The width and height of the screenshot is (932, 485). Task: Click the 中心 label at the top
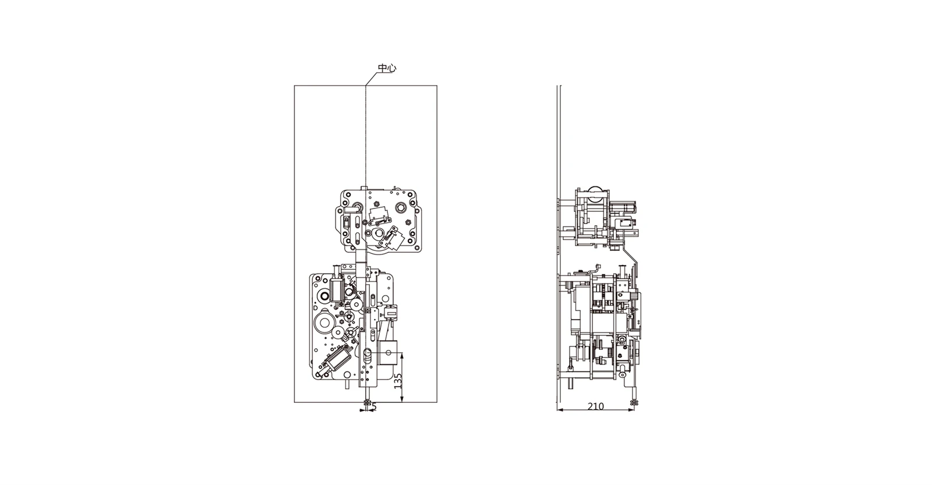coord(386,68)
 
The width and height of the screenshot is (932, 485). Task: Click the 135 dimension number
coord(398,381)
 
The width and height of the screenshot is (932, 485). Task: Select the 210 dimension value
coord(595,406)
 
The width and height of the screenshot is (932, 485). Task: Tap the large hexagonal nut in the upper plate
coord(401,207)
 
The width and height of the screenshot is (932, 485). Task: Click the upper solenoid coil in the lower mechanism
coord(336,289)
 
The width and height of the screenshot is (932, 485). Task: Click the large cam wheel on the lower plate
coord(324,323)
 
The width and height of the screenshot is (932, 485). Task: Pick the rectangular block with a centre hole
coord(389,353)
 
